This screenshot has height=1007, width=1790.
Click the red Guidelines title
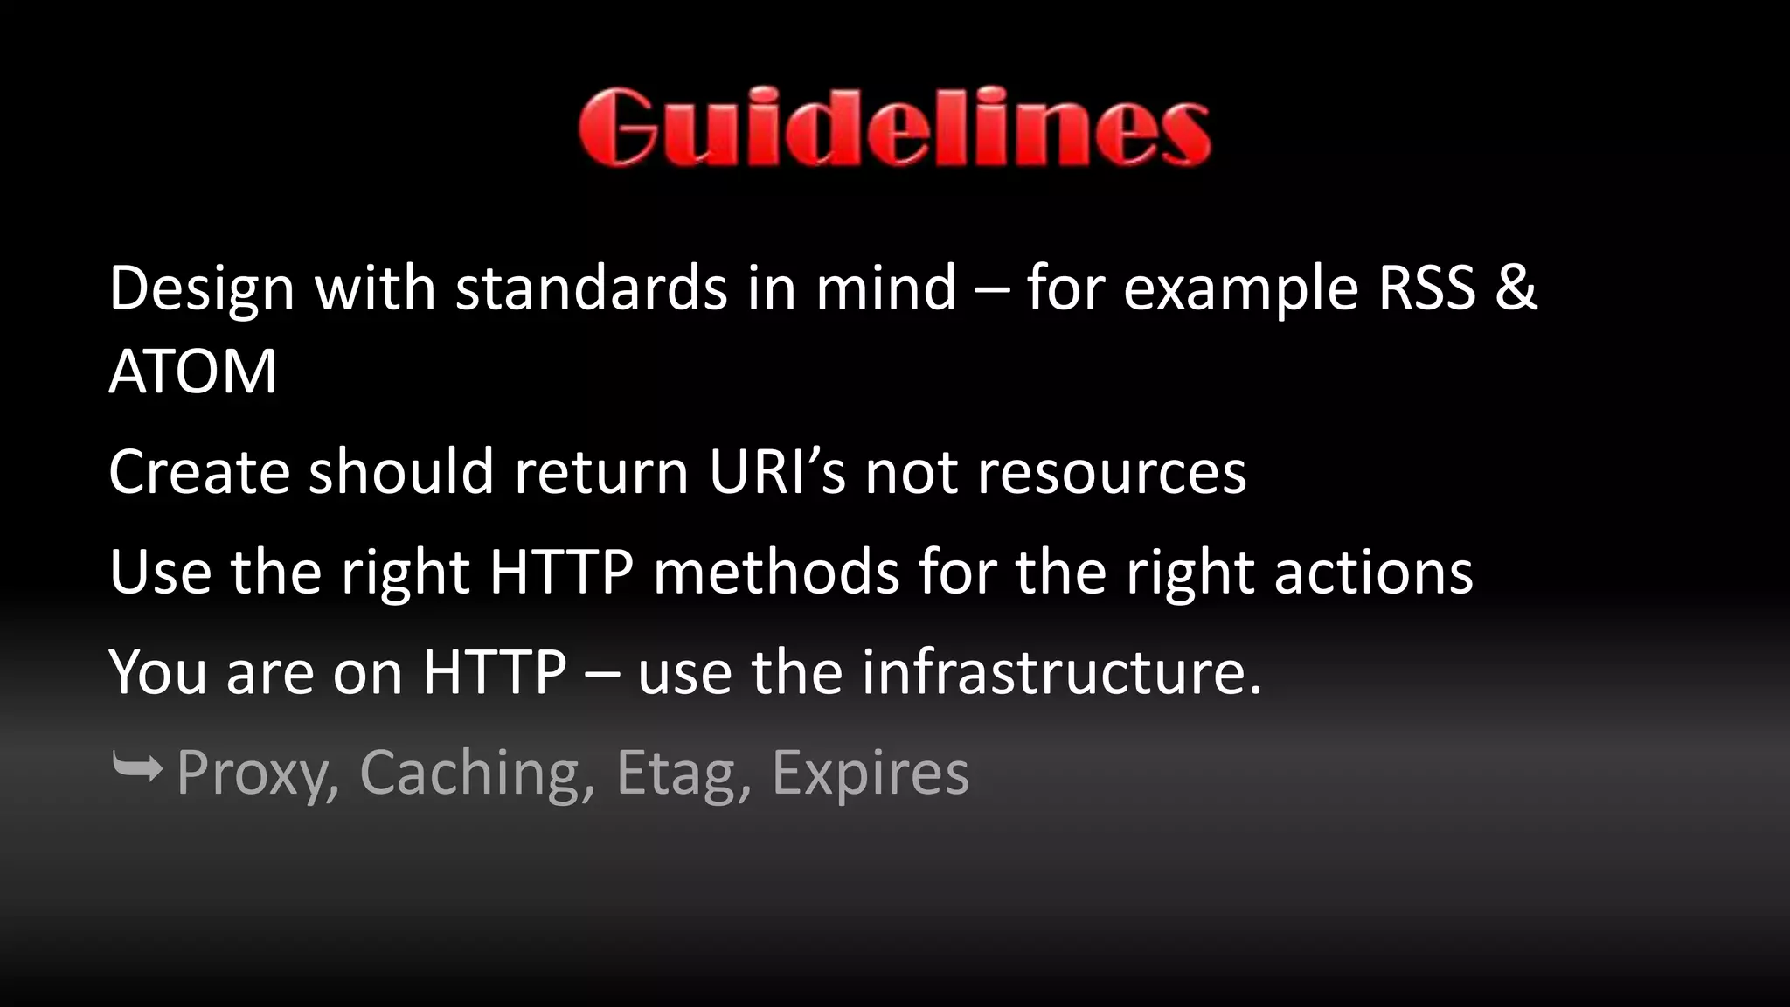click(894, 128)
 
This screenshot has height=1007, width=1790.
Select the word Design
click(202, 288)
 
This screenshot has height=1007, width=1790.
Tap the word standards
click(591, 288)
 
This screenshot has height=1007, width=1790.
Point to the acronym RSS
click(1426, 288)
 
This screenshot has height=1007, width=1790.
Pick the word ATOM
click(192, 372)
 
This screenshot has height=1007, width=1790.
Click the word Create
click(198, 472)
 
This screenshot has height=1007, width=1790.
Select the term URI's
click(777, 472)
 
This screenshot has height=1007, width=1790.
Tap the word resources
click(1111, 472)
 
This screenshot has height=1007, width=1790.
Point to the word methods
click(776, 573)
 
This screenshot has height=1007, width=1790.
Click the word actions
click(1373, 573)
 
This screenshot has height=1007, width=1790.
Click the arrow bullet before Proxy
click(137, 769)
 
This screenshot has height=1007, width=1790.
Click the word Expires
click(871, 773)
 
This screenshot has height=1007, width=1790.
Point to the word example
click(1240, 288)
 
